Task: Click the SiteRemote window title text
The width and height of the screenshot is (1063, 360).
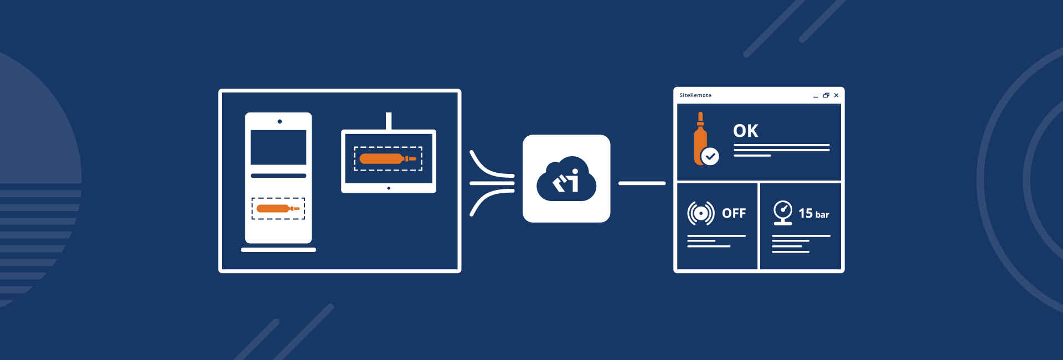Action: tap(695, 95)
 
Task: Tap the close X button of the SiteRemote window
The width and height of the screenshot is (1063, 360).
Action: tap(836, 95)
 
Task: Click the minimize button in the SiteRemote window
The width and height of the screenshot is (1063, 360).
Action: tap(816, 96)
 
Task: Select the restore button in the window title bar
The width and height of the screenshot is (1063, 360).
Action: tap(826, 95)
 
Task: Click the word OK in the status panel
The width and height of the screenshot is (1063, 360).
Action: tap(745, 131)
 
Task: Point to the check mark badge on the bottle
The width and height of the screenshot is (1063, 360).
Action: tap(710, 157)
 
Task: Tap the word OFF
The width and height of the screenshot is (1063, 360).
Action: tap(734, 213)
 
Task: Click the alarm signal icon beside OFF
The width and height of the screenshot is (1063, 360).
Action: tap(701, 213)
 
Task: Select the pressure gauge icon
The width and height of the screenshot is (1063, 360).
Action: tap(783, 212)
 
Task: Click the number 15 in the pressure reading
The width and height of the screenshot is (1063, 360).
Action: tap(805, 213)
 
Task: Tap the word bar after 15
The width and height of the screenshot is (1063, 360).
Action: tap(822, 215)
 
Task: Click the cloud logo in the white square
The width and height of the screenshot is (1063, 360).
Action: tap(566, 179)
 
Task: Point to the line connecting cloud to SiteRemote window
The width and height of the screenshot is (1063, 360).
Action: tap(642, 183)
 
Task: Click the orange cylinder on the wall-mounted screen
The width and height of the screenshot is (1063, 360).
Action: tap(388, 159)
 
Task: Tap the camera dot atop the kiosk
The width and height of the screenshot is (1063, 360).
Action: tap(280, 121)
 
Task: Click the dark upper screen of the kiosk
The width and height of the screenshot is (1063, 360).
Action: tap(278, 147)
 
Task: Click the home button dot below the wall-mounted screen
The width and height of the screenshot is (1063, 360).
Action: tap(389, 188)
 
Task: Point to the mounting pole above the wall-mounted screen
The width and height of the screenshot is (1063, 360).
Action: tap(389, 120)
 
